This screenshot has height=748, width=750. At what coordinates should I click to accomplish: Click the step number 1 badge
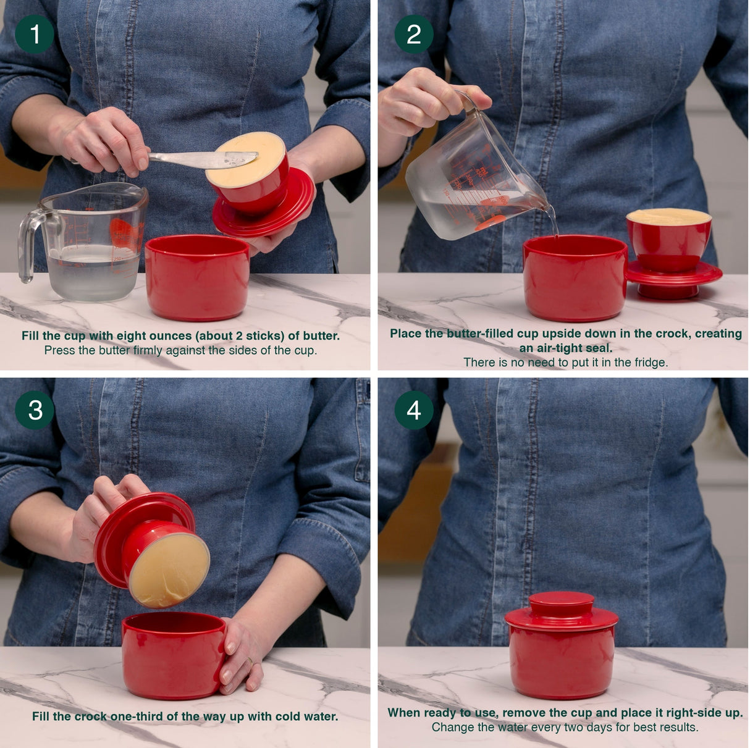coord(35,34)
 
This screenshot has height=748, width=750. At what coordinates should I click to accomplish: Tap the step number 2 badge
coord(413,34)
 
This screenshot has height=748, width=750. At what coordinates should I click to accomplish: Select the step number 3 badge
coord(35,410)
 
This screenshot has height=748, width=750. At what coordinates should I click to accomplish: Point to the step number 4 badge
coord(413,410)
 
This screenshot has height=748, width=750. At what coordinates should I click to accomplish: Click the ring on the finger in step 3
coord(249,662)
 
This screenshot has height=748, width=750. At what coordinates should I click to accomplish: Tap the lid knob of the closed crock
coord(562,602)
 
